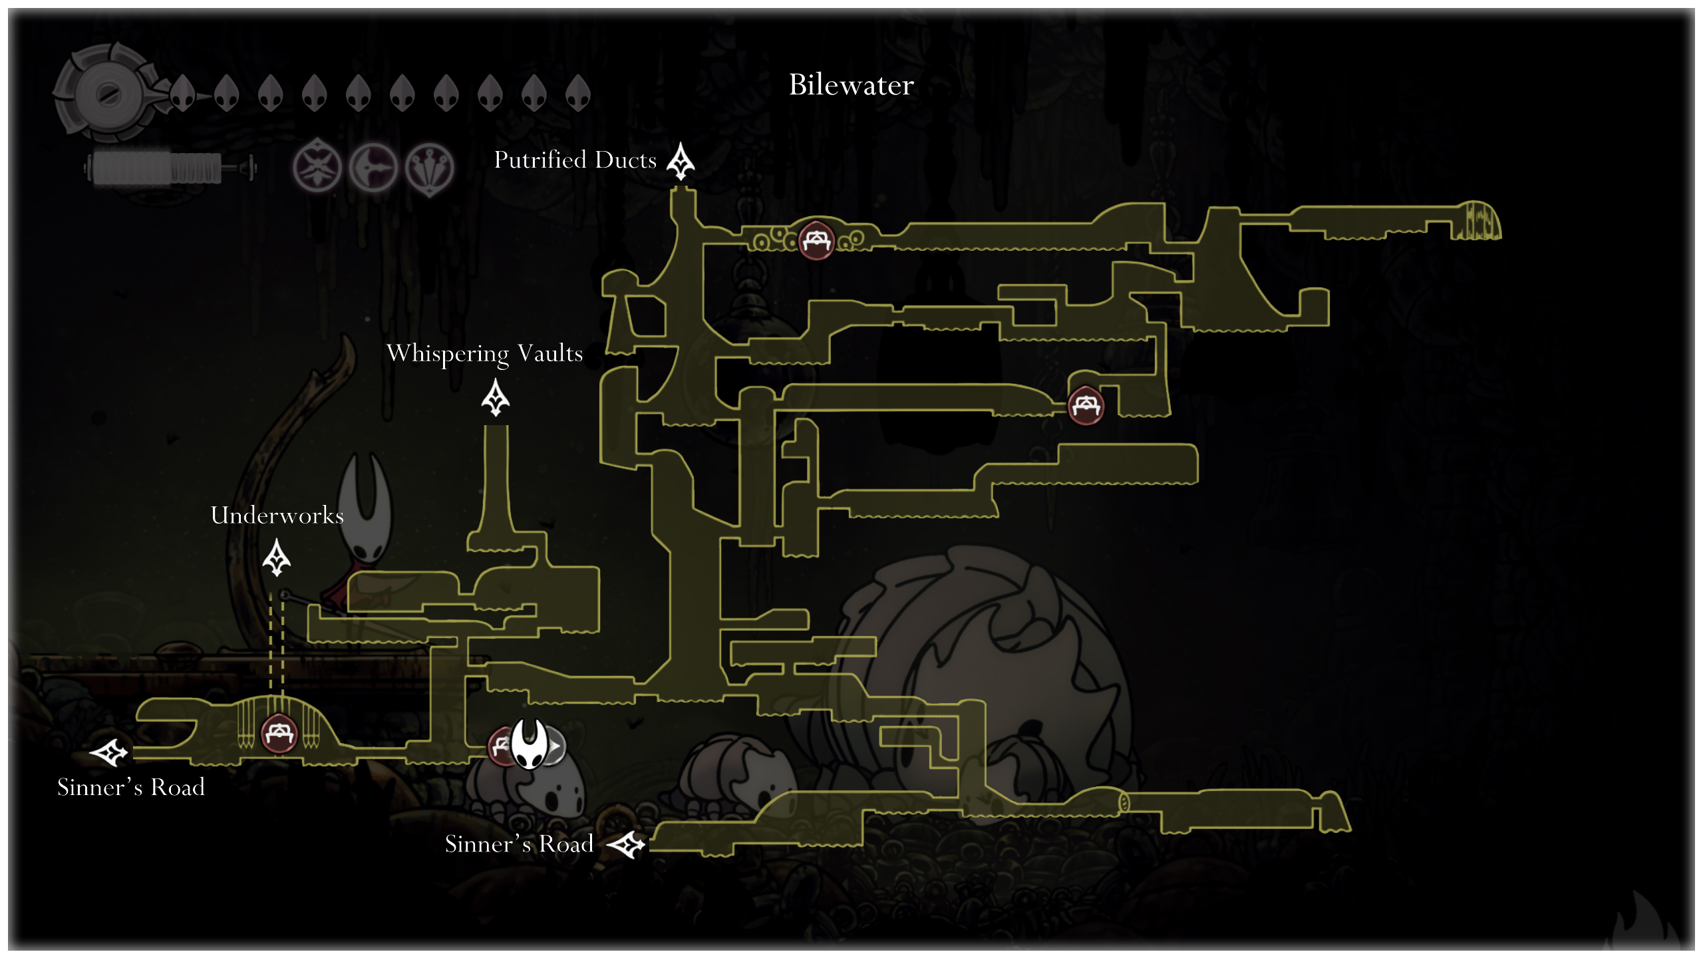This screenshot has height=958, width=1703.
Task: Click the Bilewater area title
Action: pyautogui.click(x=851, y=85)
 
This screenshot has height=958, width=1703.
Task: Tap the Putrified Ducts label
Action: pyautogui.click(x=575, y=160)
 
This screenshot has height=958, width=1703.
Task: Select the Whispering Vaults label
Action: pyautogui.click(x=484, y=353)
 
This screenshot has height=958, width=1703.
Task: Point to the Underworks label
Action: pyautogui.click(x=277, y=516)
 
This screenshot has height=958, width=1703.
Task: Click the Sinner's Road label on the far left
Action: pyautogui.click(x=131, y=788)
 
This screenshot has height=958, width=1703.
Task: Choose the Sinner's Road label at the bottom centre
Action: pyautogui.click(x=519, y=844)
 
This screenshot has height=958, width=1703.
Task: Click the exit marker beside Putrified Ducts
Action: pyautogui.click(x=681, y=162)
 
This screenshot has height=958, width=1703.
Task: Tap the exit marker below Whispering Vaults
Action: pyautogui.click(x=496, y=398)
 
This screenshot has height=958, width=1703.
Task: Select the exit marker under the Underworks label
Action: pyautogui.click(x=277, y=558)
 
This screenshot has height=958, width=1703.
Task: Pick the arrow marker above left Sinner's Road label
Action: pyautogui.click(x=109, y=752)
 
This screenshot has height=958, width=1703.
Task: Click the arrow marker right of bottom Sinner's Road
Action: pyautogui.click(x=627, y=846)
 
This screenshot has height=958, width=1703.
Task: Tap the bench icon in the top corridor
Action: pyautogui.click(x=816, y=239)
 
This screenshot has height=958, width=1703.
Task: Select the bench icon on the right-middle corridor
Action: pyautogui.click(x=1086, y=405)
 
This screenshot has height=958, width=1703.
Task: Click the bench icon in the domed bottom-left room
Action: pyautogui.click(x=279, y=734)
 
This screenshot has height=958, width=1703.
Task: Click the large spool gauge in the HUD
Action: pyautogui.click(x=106, y=93)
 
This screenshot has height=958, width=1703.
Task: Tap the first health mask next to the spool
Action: pyautogui.click(x=182, y=93)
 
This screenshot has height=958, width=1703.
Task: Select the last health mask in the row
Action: pyautogui.click(x=577, y=93)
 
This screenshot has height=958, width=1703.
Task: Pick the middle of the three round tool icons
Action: pyautogui.click(x=373, y=167)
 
